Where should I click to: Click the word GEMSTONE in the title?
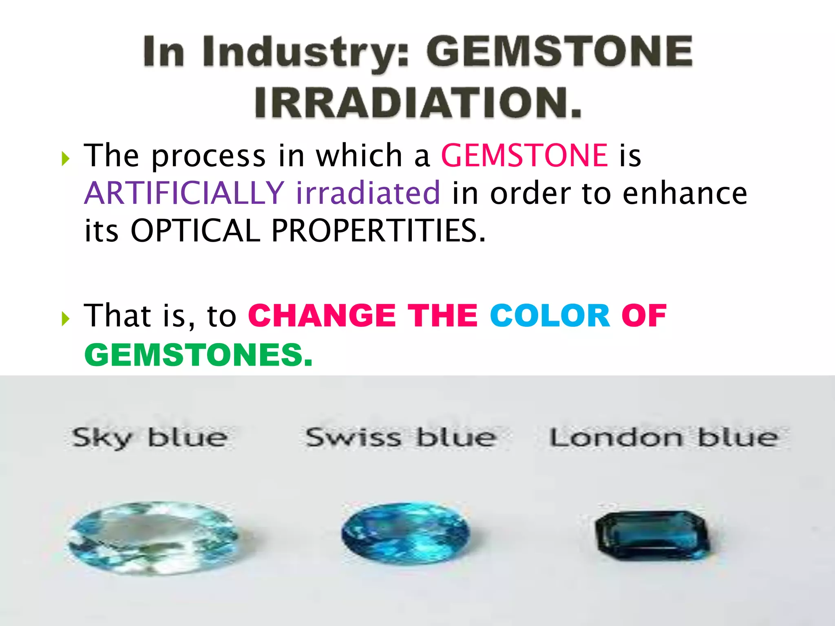[x=559, y=51]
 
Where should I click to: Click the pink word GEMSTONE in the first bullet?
[x=525, y=156]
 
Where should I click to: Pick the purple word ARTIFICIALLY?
[x=184, y=193]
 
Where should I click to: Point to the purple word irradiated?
[x=368, y=193]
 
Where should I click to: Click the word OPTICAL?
[x=195, y=231]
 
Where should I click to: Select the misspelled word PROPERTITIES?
[x=379, y=231]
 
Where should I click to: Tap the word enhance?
[x=685, y=193]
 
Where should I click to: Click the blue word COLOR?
[x=550, y=316]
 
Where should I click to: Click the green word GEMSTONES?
[x=198, y=355]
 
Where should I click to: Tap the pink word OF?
[x=644, y=316]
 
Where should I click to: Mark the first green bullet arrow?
[x=66, y=159]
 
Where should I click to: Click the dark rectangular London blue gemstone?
[x=652, y=536]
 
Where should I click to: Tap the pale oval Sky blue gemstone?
[x=153, y=538]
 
